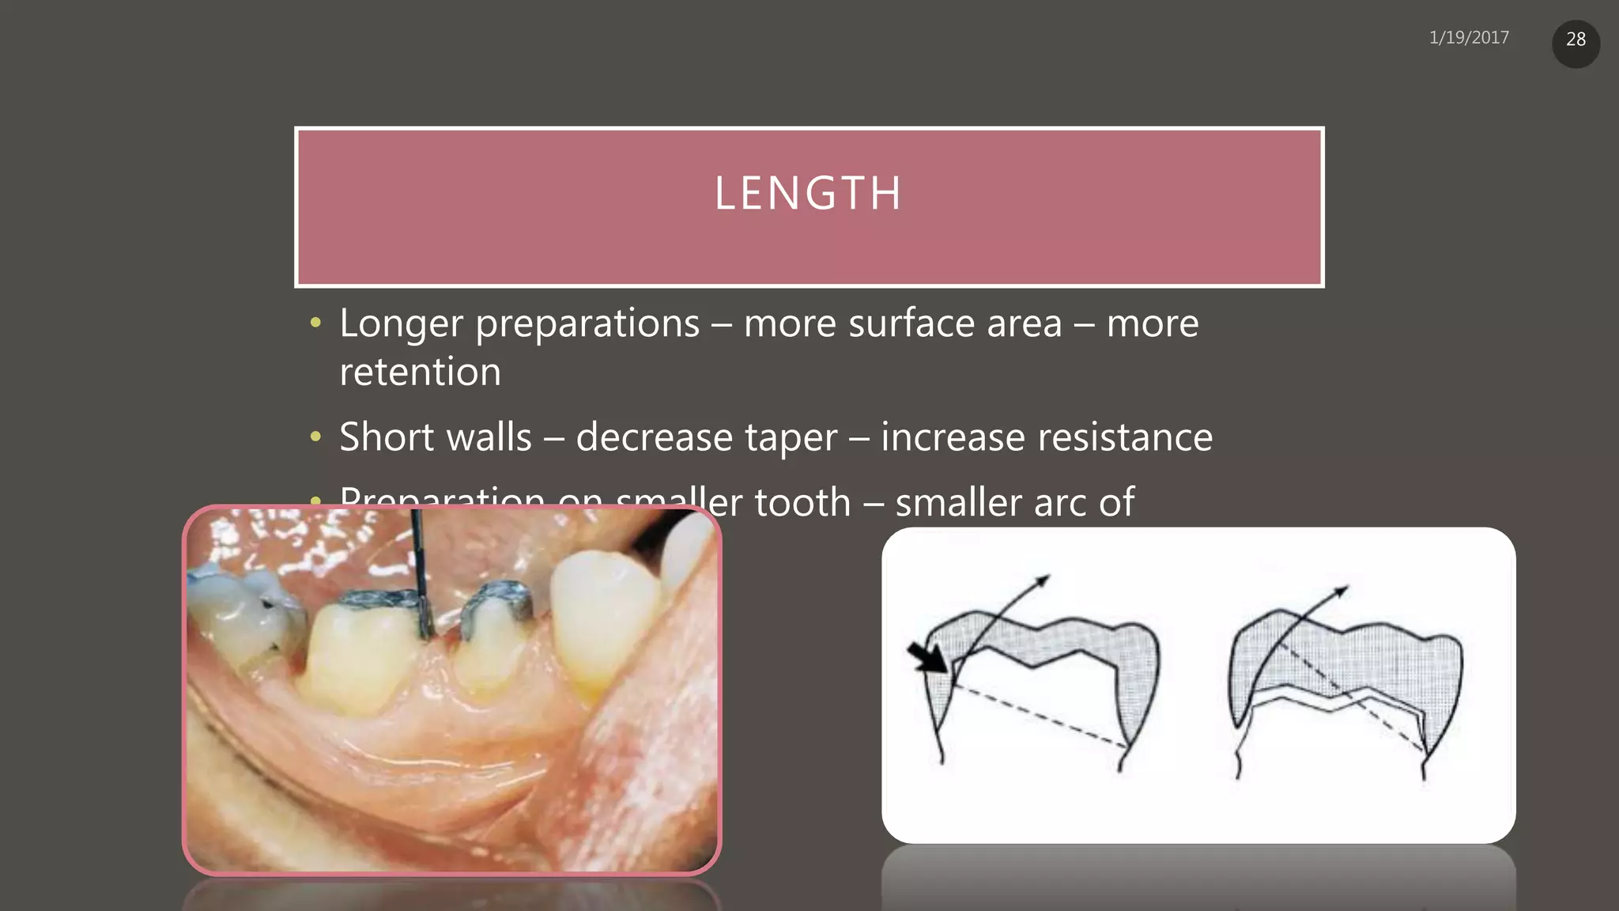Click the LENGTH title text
point(808,193)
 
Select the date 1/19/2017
point(1469,38)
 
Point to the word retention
point(421,372)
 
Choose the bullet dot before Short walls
point(316,437)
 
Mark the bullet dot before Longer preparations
point(316,323)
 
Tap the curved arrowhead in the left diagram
point(1043,580)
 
